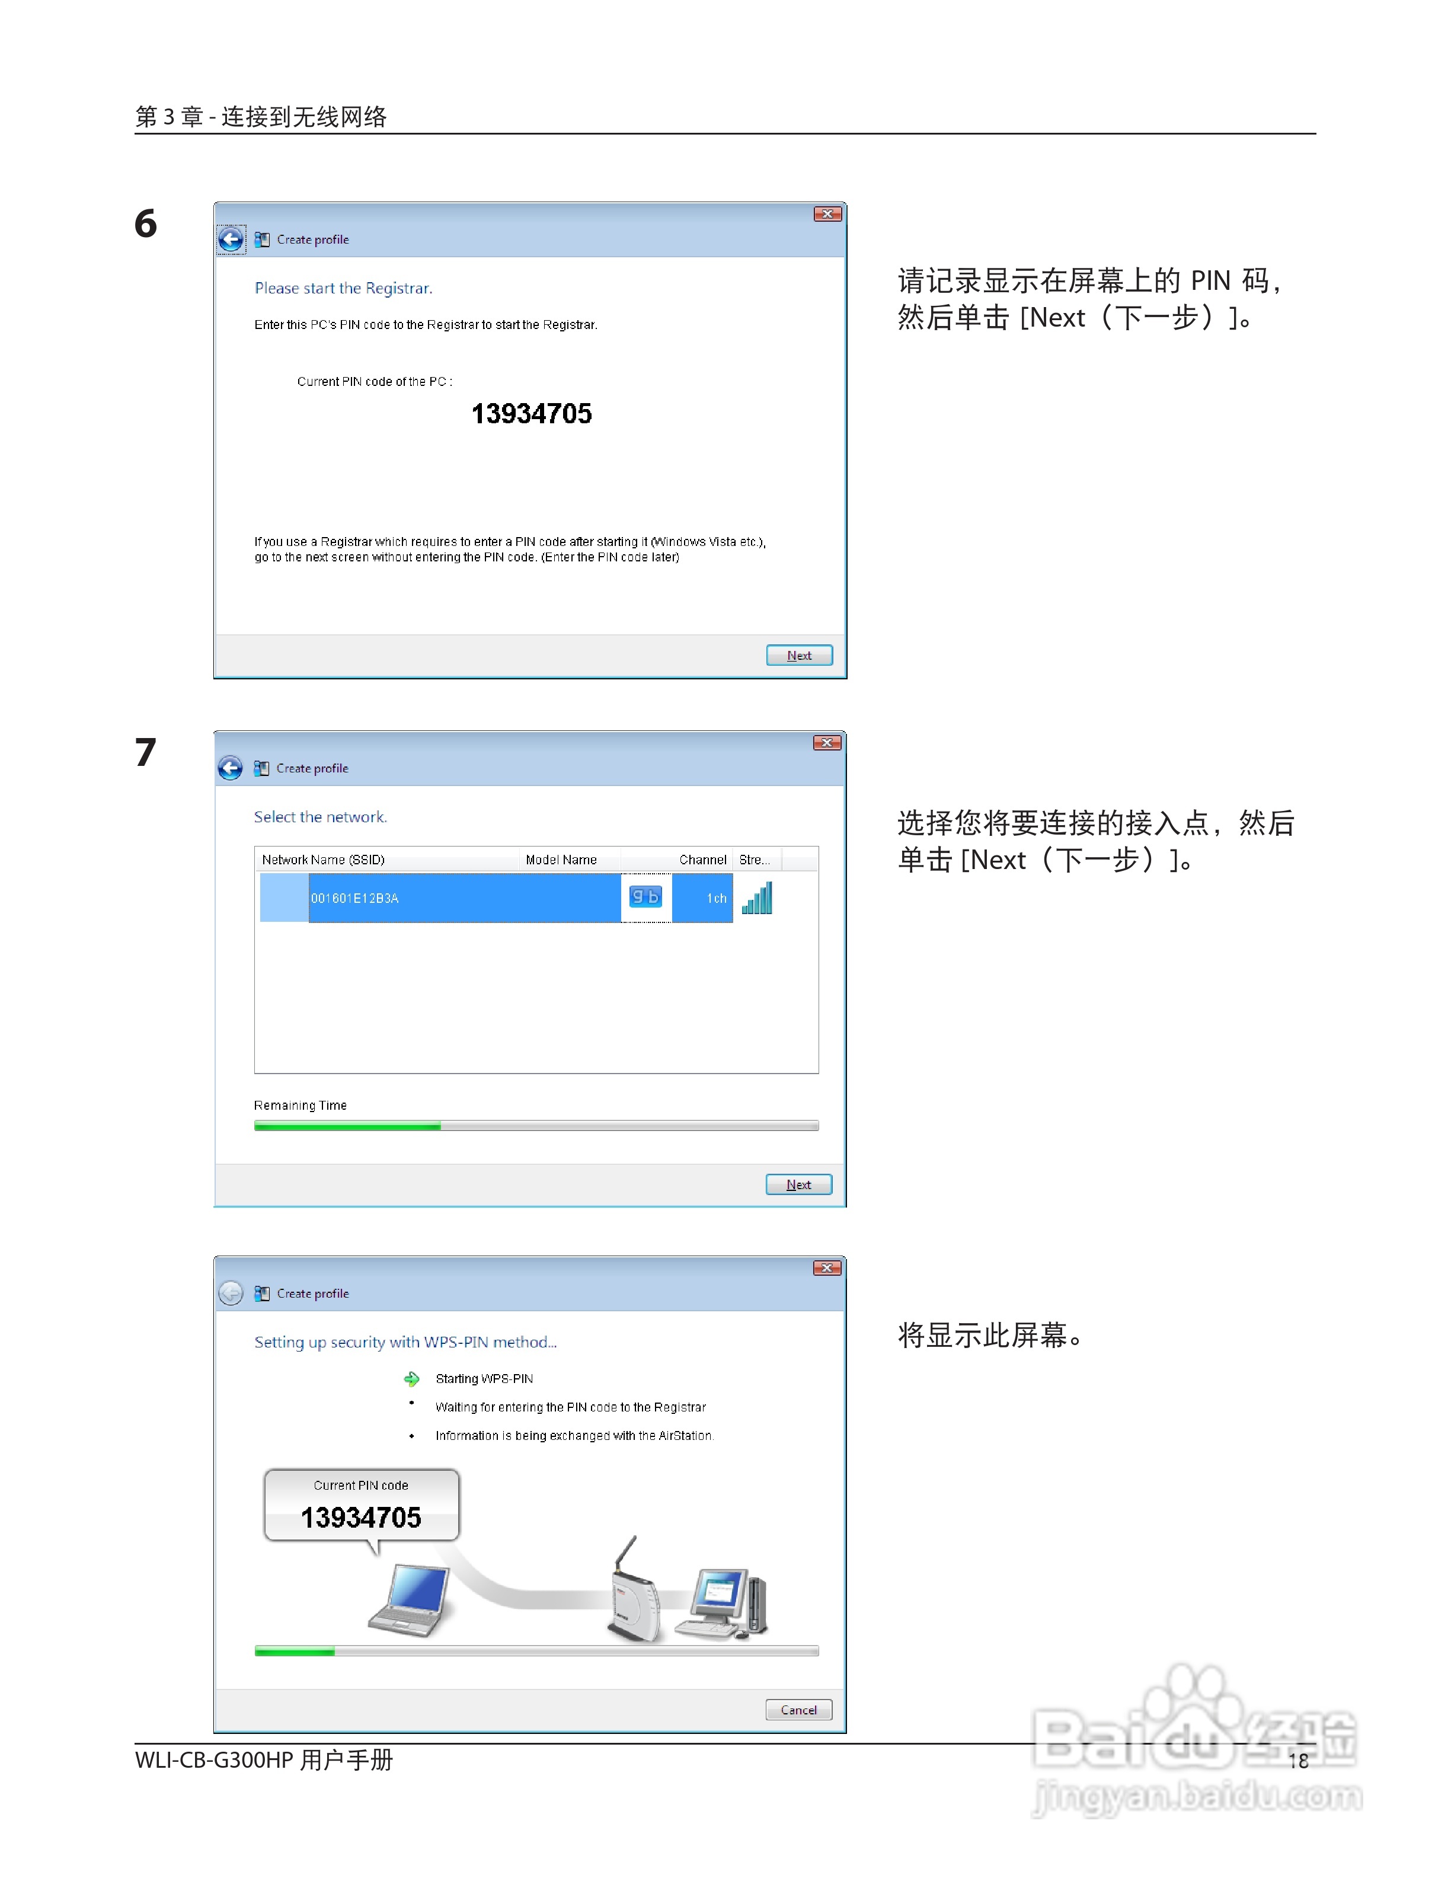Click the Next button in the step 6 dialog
pyautogui.click(x=798, y=655)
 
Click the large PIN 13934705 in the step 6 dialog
pyautogui.click(x=531, y=414)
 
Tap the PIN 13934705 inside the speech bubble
pyautogui.click(x=361, y=1518)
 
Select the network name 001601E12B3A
pyautogui.click(x=355, y=898)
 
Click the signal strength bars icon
pyautogui.click(x=758, y=898)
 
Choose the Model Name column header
pyautogui.click(x=561, y=859)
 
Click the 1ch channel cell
pyautogui.click(x=715, y=898)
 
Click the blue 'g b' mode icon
pyautogui.click(x=645, y=897)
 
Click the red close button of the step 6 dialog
pyautogui.click(x=827, y=214)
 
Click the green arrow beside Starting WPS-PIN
pyautogui.click(x=412, y=1378)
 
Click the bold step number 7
pyautogui.click(x=145, y=752)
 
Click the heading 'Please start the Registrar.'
pyautogui.click(x=343, y=288)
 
